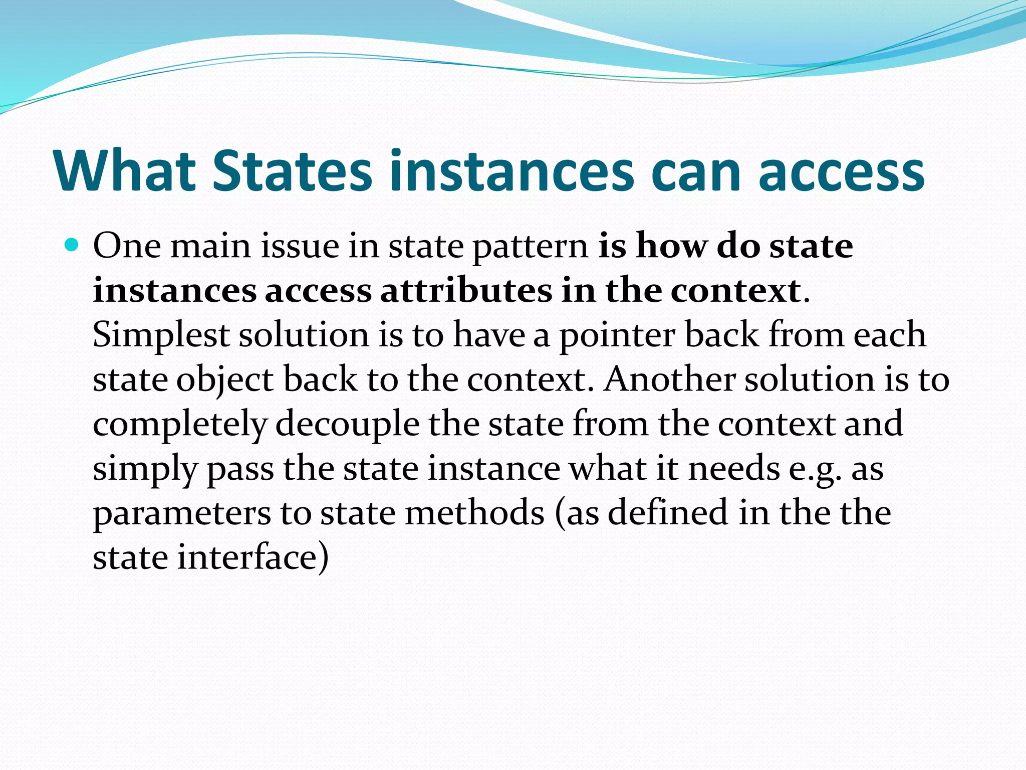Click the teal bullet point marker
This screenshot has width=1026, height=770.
(72, 246)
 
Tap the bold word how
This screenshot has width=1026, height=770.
(671, 246)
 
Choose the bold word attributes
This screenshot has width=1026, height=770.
(466, 291)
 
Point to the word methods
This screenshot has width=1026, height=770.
(474, 513)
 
